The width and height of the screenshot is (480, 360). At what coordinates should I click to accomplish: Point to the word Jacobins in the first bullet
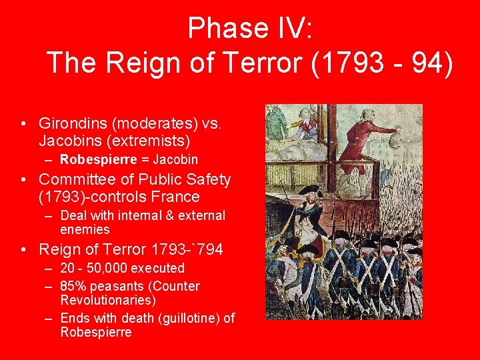pyautogui.click(x=70, y=141)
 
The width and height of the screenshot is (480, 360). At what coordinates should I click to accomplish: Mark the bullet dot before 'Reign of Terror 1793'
pyautogui.click(x=24, y=250)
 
